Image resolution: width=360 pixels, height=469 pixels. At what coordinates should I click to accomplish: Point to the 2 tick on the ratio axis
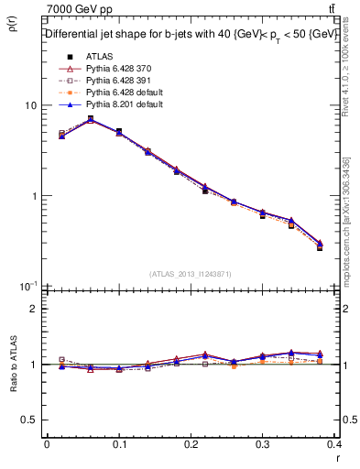click(33, 309)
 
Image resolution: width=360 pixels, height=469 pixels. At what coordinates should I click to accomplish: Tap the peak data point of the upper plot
click(90, 119)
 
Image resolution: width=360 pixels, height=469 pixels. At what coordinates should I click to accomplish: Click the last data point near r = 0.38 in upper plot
click(320, 246)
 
